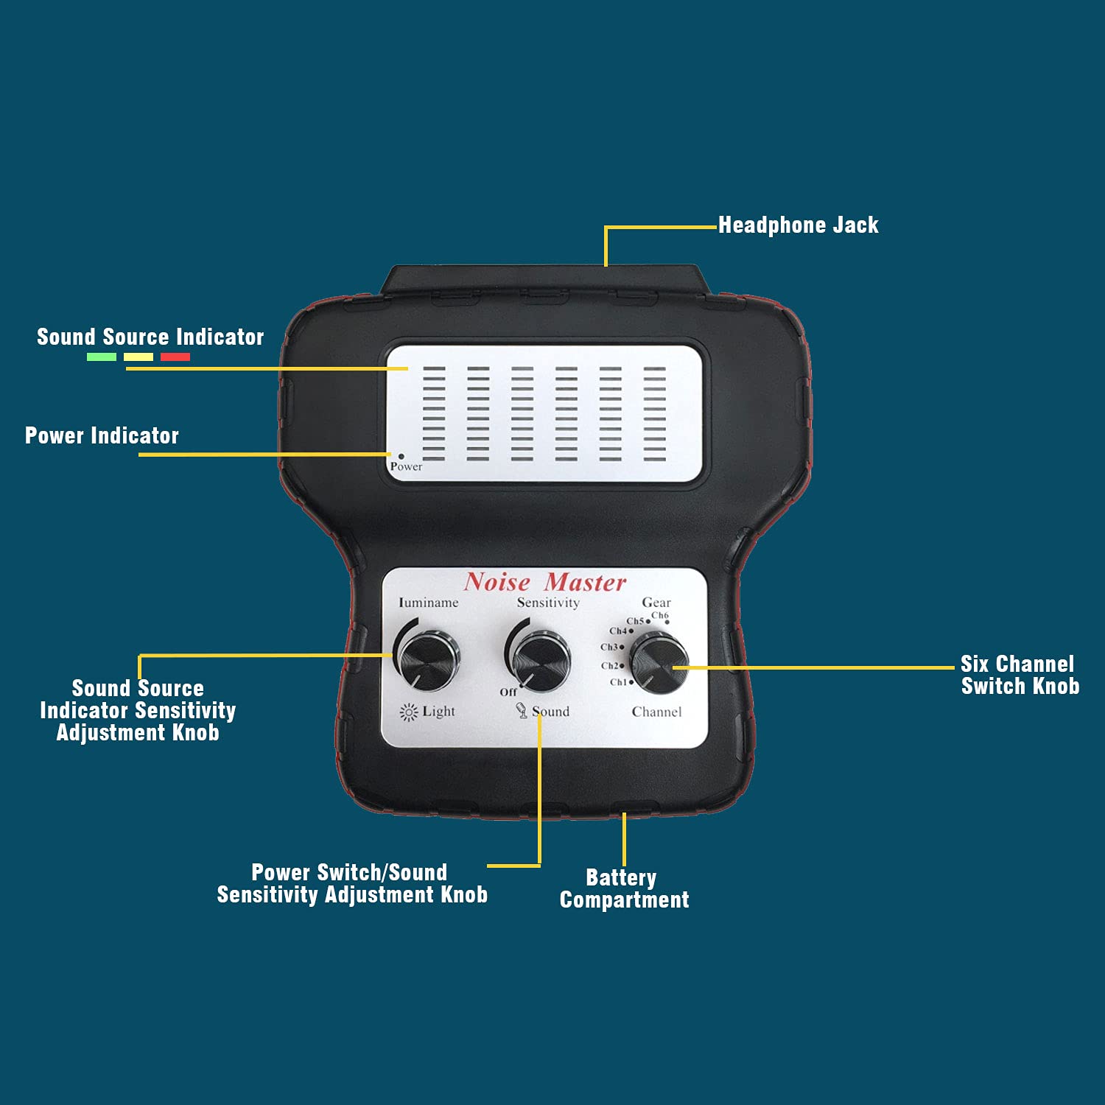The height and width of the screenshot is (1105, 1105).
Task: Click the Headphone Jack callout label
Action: pos(798,225)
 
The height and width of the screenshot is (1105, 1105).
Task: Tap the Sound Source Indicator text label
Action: pos(150,337)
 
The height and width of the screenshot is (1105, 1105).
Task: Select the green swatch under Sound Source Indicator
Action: pos(102,357)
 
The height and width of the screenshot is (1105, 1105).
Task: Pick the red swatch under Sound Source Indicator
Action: pos(175,357)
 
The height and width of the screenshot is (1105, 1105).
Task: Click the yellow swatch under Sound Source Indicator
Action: pos(138,357)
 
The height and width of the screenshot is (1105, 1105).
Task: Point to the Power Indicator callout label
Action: pos(102,436)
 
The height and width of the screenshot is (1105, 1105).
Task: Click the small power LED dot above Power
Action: pos(401,456)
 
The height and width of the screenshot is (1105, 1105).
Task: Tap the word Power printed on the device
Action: pos(406,467)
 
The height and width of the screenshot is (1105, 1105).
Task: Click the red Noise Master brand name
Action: pos(545,583)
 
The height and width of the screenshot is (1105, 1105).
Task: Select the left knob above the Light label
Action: pos(428,659)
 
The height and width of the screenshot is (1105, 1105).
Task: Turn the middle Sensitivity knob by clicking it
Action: pos(541,660)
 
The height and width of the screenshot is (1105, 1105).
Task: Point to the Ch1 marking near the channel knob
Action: pos(619,682)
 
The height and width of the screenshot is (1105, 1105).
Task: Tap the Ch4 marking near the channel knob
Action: pos(619,631)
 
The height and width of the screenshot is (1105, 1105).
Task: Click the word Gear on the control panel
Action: pos(656,603)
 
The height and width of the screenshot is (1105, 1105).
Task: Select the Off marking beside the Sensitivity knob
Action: pos(508,692)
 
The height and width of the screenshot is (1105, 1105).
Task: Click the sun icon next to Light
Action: pos(408,712)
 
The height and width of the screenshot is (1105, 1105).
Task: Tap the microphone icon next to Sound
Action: pos(522,711)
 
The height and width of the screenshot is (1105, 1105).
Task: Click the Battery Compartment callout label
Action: pos(624,888)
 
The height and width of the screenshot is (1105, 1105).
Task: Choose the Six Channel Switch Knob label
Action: pos(1020,675)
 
